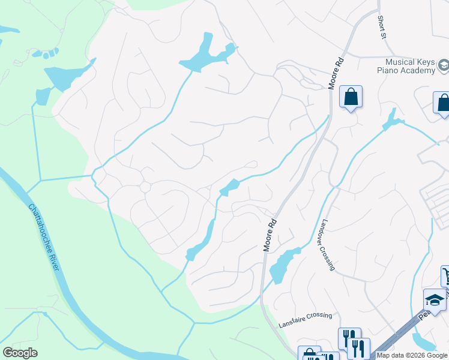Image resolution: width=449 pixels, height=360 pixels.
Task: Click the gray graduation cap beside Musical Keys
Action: (x=444, y=65)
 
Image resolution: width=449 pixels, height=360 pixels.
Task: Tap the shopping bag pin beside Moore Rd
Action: (x=351, y=97)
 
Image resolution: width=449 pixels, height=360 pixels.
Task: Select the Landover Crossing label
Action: (x=327, y=244)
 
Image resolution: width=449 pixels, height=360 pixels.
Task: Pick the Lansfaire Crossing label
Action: (x=305, y=320)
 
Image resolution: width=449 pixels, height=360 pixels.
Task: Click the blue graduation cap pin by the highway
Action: (x=435, y=299)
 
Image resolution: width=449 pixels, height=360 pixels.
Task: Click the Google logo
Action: (x=20, y=352)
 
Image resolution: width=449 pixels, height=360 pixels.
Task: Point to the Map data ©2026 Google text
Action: (x=411, y=355)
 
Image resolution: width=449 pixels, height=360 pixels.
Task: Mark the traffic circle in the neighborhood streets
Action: (x=145, y=187)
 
